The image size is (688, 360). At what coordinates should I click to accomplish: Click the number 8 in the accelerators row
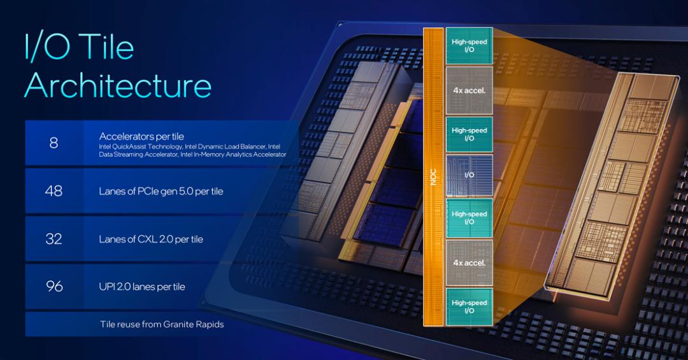click(54, 143)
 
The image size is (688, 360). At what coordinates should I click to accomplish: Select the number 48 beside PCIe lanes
click(54, 191)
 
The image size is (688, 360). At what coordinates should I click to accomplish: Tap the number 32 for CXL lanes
click(54, 239)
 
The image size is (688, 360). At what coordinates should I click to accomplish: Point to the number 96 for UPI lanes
click(54, 286)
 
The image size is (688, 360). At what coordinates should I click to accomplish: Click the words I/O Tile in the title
click(79, 48)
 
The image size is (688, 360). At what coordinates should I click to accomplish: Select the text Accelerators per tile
click(141, 136)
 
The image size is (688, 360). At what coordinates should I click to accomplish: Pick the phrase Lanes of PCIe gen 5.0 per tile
click(161, 191)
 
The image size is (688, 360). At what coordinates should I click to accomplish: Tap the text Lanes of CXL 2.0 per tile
click(151, 240)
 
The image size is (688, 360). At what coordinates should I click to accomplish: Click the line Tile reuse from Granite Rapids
click(162, 324)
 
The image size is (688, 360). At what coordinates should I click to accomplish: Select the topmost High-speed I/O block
click(469, 45)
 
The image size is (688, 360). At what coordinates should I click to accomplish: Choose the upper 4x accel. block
click(469, 90)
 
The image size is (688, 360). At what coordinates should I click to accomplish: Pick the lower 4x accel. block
click(469, 263)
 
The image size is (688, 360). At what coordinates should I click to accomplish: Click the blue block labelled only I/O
click(469, 174)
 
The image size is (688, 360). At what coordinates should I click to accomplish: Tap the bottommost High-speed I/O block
click(469, 306)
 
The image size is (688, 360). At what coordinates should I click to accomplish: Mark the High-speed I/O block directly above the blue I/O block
click(469, 134)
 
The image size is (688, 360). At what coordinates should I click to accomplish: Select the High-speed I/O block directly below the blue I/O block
click(469, 218)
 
